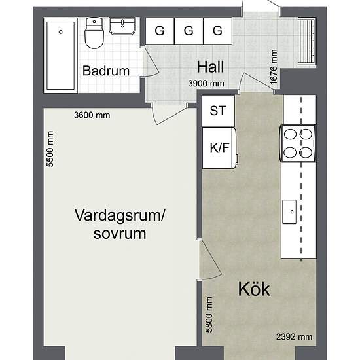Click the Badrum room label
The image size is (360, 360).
[x=106, y=71]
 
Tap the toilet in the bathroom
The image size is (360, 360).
[x=94, y=33]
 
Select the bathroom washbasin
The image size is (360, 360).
[x=122, y=26]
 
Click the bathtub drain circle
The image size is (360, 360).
[x=61, y=32]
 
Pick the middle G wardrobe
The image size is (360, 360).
[x=189, y=31]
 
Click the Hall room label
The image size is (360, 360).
[x=210, y=67]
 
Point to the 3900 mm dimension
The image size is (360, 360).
[x=206, y=83]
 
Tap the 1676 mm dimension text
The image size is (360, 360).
[x=274, y=67]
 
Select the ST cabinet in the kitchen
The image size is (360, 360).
[x=218, y=111]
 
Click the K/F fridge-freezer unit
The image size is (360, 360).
[x=219, y=148]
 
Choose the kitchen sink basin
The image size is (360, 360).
[x=289, y=211]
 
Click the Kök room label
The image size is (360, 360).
[x=254, y=289]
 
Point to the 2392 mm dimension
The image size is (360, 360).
[x=294, y=337]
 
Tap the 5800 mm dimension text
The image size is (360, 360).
[x=209, y=314]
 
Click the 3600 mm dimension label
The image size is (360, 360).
[x=92, y=115]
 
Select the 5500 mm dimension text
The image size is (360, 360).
[x=50, y=149]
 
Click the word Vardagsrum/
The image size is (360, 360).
[x=120, y=215]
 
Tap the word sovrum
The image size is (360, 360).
[x=120, y=234]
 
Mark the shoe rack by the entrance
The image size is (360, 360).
[x=307, y=42]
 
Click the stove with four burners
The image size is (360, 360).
[x=298, y=143]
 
